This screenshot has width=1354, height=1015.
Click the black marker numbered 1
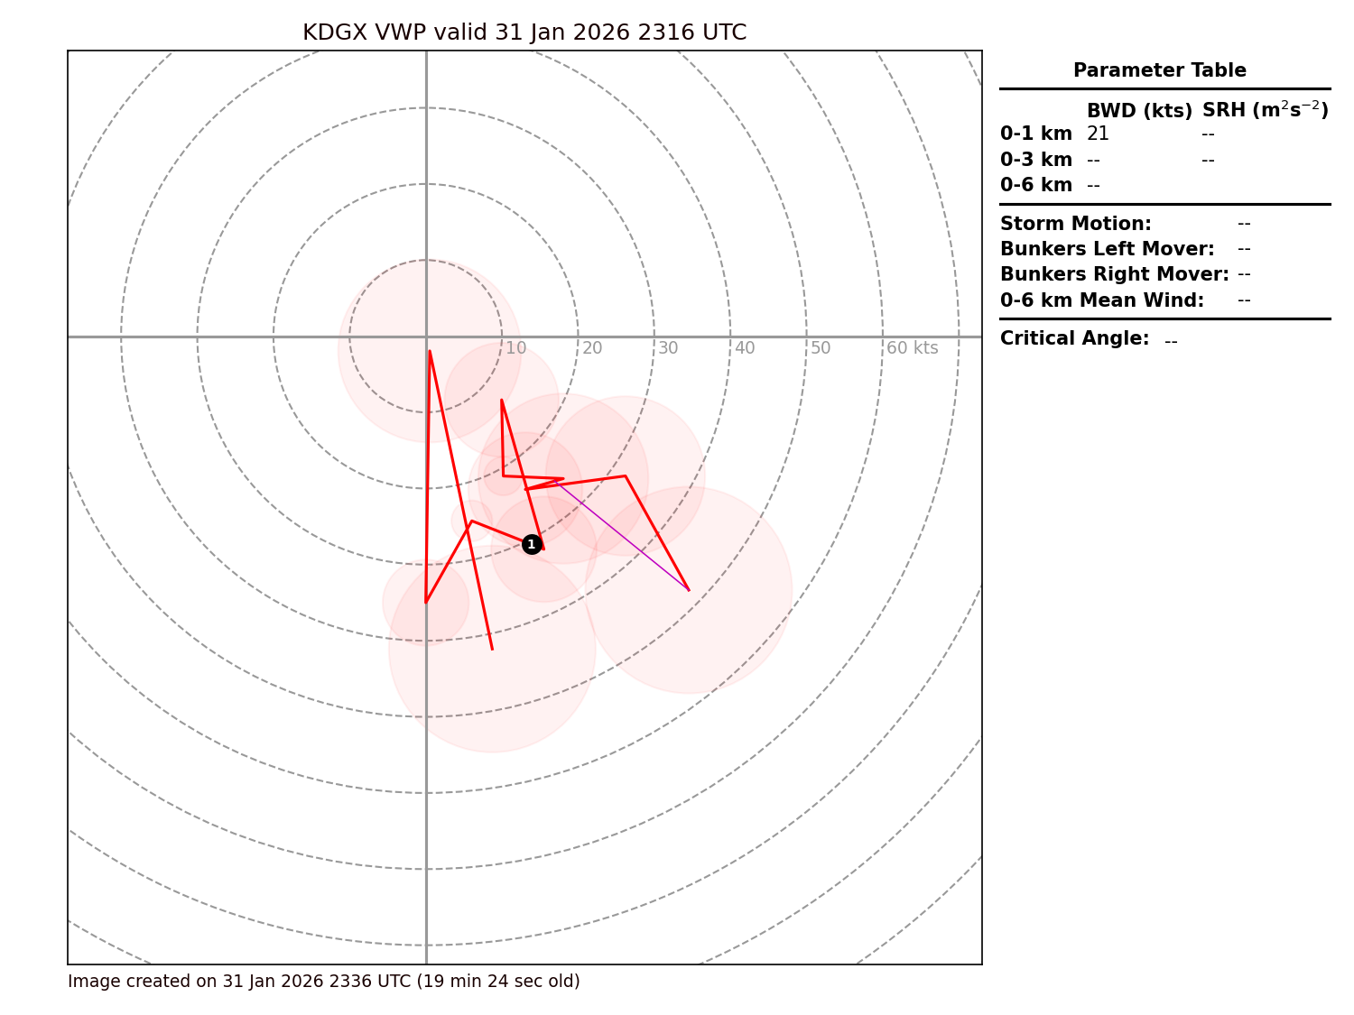(532, 544)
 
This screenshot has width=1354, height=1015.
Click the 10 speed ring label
(515, 348)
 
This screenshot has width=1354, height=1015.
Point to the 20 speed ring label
(592, 348)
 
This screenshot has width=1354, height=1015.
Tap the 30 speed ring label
(668, 348)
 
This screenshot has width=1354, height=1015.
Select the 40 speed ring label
(745, 348)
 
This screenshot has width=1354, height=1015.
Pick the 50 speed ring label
(821, 348)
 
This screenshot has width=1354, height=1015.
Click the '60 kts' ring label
(912, 348)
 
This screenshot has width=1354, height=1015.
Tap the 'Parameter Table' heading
(1159, 70)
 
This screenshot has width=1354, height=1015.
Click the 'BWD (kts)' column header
(1139, 111)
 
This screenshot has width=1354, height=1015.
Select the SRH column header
(1265, 110)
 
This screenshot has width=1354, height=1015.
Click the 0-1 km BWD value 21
(1098, 134)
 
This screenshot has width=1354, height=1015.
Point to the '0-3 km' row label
(1035, 160)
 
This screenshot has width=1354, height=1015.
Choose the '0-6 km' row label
(1035, 185)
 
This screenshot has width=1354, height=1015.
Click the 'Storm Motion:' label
(1075, 224)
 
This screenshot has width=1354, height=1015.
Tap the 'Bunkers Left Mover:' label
(1107, 249)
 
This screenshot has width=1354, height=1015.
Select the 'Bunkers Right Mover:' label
(1114, 274)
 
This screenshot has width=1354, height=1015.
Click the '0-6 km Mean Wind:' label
(1101, 300)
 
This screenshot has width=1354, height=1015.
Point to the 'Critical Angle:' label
(1074, 338)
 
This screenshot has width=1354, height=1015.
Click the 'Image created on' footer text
(323, 982)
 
